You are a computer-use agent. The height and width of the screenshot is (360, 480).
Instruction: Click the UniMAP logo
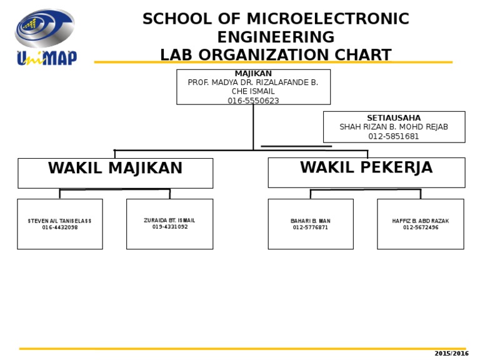(x=46, y=37)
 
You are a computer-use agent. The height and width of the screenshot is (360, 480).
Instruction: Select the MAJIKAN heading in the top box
(x=253, y=74)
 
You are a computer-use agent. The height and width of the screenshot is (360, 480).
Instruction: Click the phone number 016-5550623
(x=253, y=101)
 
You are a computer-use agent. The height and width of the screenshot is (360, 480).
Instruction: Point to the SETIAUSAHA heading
(x=394, y=118)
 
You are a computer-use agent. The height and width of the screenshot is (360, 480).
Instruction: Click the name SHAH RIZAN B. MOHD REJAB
(x=394, y=127)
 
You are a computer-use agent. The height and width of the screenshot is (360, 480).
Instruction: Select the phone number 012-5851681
(x=394, y=136)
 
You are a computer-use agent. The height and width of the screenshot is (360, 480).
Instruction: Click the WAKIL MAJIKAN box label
(x=115, y=169)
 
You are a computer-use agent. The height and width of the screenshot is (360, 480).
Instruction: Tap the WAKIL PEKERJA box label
(x=366, y=168)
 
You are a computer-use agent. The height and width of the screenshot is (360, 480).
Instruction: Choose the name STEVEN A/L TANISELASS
(x=60, y=221)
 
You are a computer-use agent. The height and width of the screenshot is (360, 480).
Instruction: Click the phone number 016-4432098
(x=60, y=227)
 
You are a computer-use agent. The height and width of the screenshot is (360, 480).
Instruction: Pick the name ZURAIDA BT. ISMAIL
(x=169, y=221)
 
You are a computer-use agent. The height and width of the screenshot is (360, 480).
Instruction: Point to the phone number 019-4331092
(x=169, y=227)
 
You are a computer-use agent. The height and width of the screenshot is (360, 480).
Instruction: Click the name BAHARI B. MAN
(x=311, y=221)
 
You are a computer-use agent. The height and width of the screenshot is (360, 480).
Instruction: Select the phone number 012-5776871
(x=311, y=227)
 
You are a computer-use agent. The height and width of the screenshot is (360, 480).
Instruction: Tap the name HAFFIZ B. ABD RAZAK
(x=421, y=221)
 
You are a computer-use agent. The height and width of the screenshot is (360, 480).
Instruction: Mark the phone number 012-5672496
(x=421, y=227)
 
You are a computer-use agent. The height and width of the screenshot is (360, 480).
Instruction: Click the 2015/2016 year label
(x=451, y=354)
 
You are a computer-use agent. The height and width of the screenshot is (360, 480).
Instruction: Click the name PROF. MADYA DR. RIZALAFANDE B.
(x=253, y=82)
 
